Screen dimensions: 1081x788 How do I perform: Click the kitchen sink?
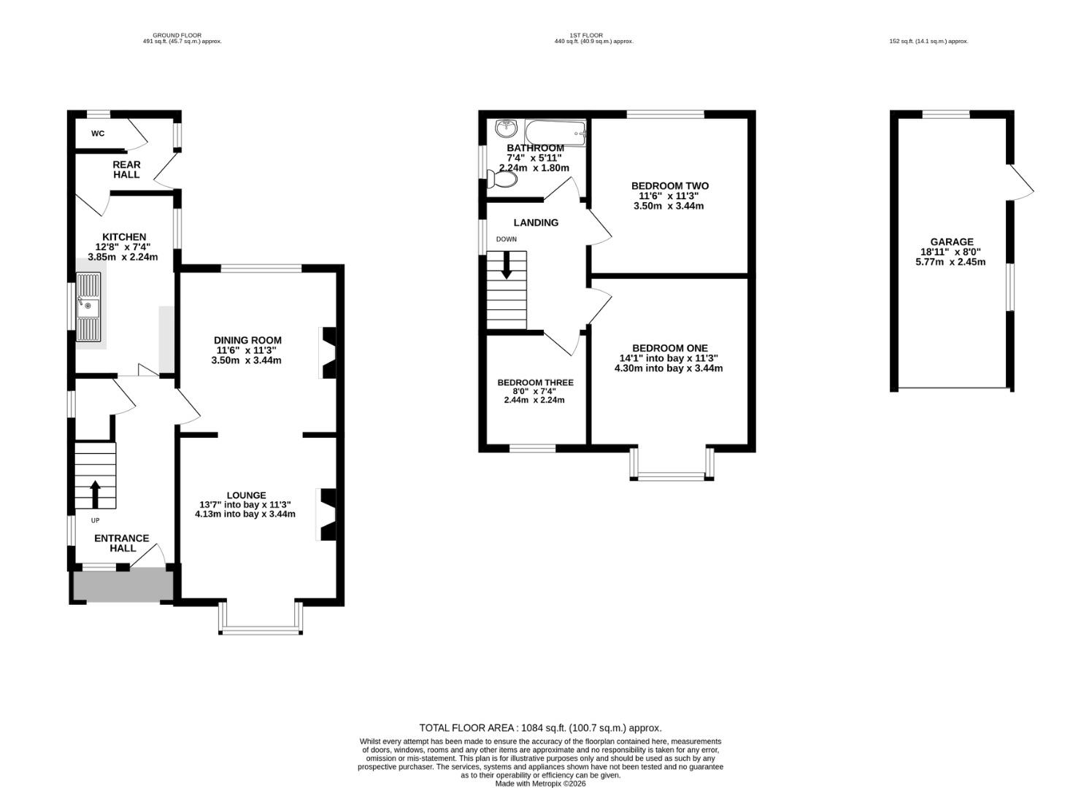point(88,307)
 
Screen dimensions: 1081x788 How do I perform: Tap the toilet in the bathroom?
point(502,179)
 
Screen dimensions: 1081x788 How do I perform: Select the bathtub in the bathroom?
point(555,133)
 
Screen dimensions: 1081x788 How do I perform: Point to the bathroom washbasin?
point(506,128)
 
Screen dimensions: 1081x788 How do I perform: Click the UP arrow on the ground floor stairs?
point(95,494)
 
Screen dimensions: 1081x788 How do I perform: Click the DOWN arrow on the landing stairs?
point(507,265)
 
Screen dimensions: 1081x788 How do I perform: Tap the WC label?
point(98,134)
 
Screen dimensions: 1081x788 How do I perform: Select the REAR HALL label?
point(126,169)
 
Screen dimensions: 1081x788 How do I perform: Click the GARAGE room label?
point(952,242)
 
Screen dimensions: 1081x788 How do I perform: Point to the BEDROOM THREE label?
point(536,382)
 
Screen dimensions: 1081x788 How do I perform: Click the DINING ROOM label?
point(247,340)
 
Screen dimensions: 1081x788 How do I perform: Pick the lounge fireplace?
point(327,514)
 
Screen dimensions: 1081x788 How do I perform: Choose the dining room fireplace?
point(328,352)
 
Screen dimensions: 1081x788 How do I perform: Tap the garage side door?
point(1020,182)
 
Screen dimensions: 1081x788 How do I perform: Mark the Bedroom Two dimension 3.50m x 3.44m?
point(669,206)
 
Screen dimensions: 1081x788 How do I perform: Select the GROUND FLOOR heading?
point(177,35)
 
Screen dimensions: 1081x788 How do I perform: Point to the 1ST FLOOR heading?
point(586,35)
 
